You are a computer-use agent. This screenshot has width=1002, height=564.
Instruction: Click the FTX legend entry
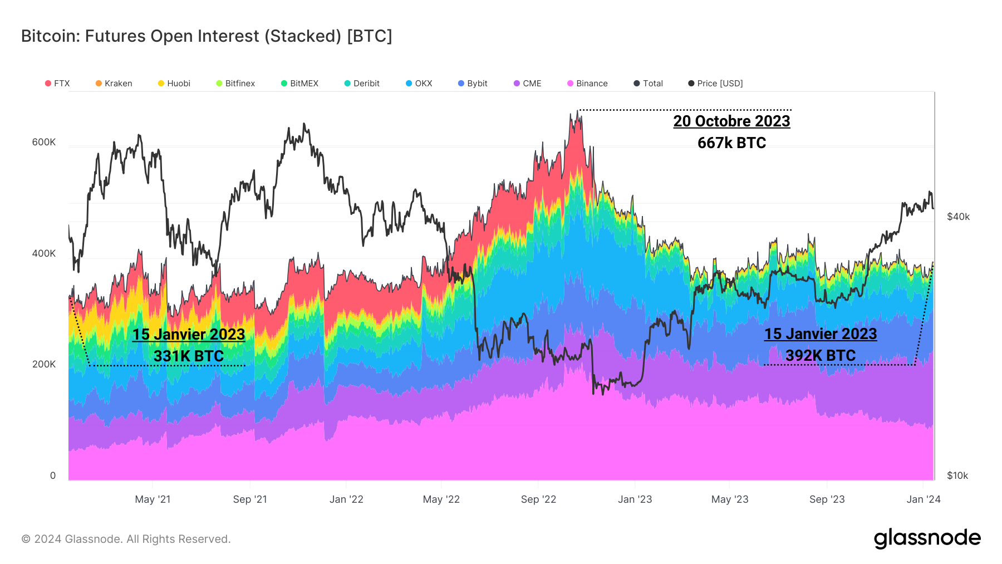57,84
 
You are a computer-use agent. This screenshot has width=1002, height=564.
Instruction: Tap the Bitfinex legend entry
235,84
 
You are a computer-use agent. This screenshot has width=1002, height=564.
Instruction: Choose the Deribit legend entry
362,84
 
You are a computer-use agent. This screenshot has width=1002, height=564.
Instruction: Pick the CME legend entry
527,84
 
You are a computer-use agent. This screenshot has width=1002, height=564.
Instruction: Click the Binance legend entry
587,84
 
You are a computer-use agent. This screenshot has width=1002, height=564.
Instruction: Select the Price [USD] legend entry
715,84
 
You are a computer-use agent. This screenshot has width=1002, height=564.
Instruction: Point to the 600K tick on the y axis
44,142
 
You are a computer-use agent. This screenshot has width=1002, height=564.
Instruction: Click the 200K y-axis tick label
44,364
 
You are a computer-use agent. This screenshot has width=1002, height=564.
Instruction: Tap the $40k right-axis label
958,217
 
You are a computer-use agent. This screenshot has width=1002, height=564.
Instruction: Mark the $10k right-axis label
957,475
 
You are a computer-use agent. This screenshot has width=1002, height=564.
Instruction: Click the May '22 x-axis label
441,499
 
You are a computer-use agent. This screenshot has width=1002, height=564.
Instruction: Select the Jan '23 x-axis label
635,499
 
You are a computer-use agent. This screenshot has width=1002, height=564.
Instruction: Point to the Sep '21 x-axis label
250,499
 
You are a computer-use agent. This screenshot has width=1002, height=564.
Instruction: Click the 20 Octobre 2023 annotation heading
731,121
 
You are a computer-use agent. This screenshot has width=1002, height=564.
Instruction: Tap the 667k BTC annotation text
731,143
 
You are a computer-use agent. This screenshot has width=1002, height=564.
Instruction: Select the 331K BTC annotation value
189,356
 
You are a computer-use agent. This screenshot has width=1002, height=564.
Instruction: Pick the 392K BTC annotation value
821,356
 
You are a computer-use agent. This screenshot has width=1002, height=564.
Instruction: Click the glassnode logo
927,538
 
